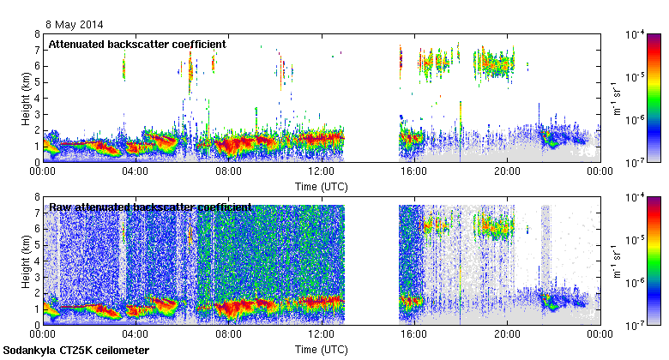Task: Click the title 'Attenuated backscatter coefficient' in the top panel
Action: click(x=137, y=44)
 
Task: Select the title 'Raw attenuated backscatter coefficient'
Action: click(x=150, y=207)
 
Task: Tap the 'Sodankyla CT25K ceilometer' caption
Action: click(x=76, y=351)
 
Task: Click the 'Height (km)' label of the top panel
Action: click(x=26, y=99)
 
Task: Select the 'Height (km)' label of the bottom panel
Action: click(x=26, y=261)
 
